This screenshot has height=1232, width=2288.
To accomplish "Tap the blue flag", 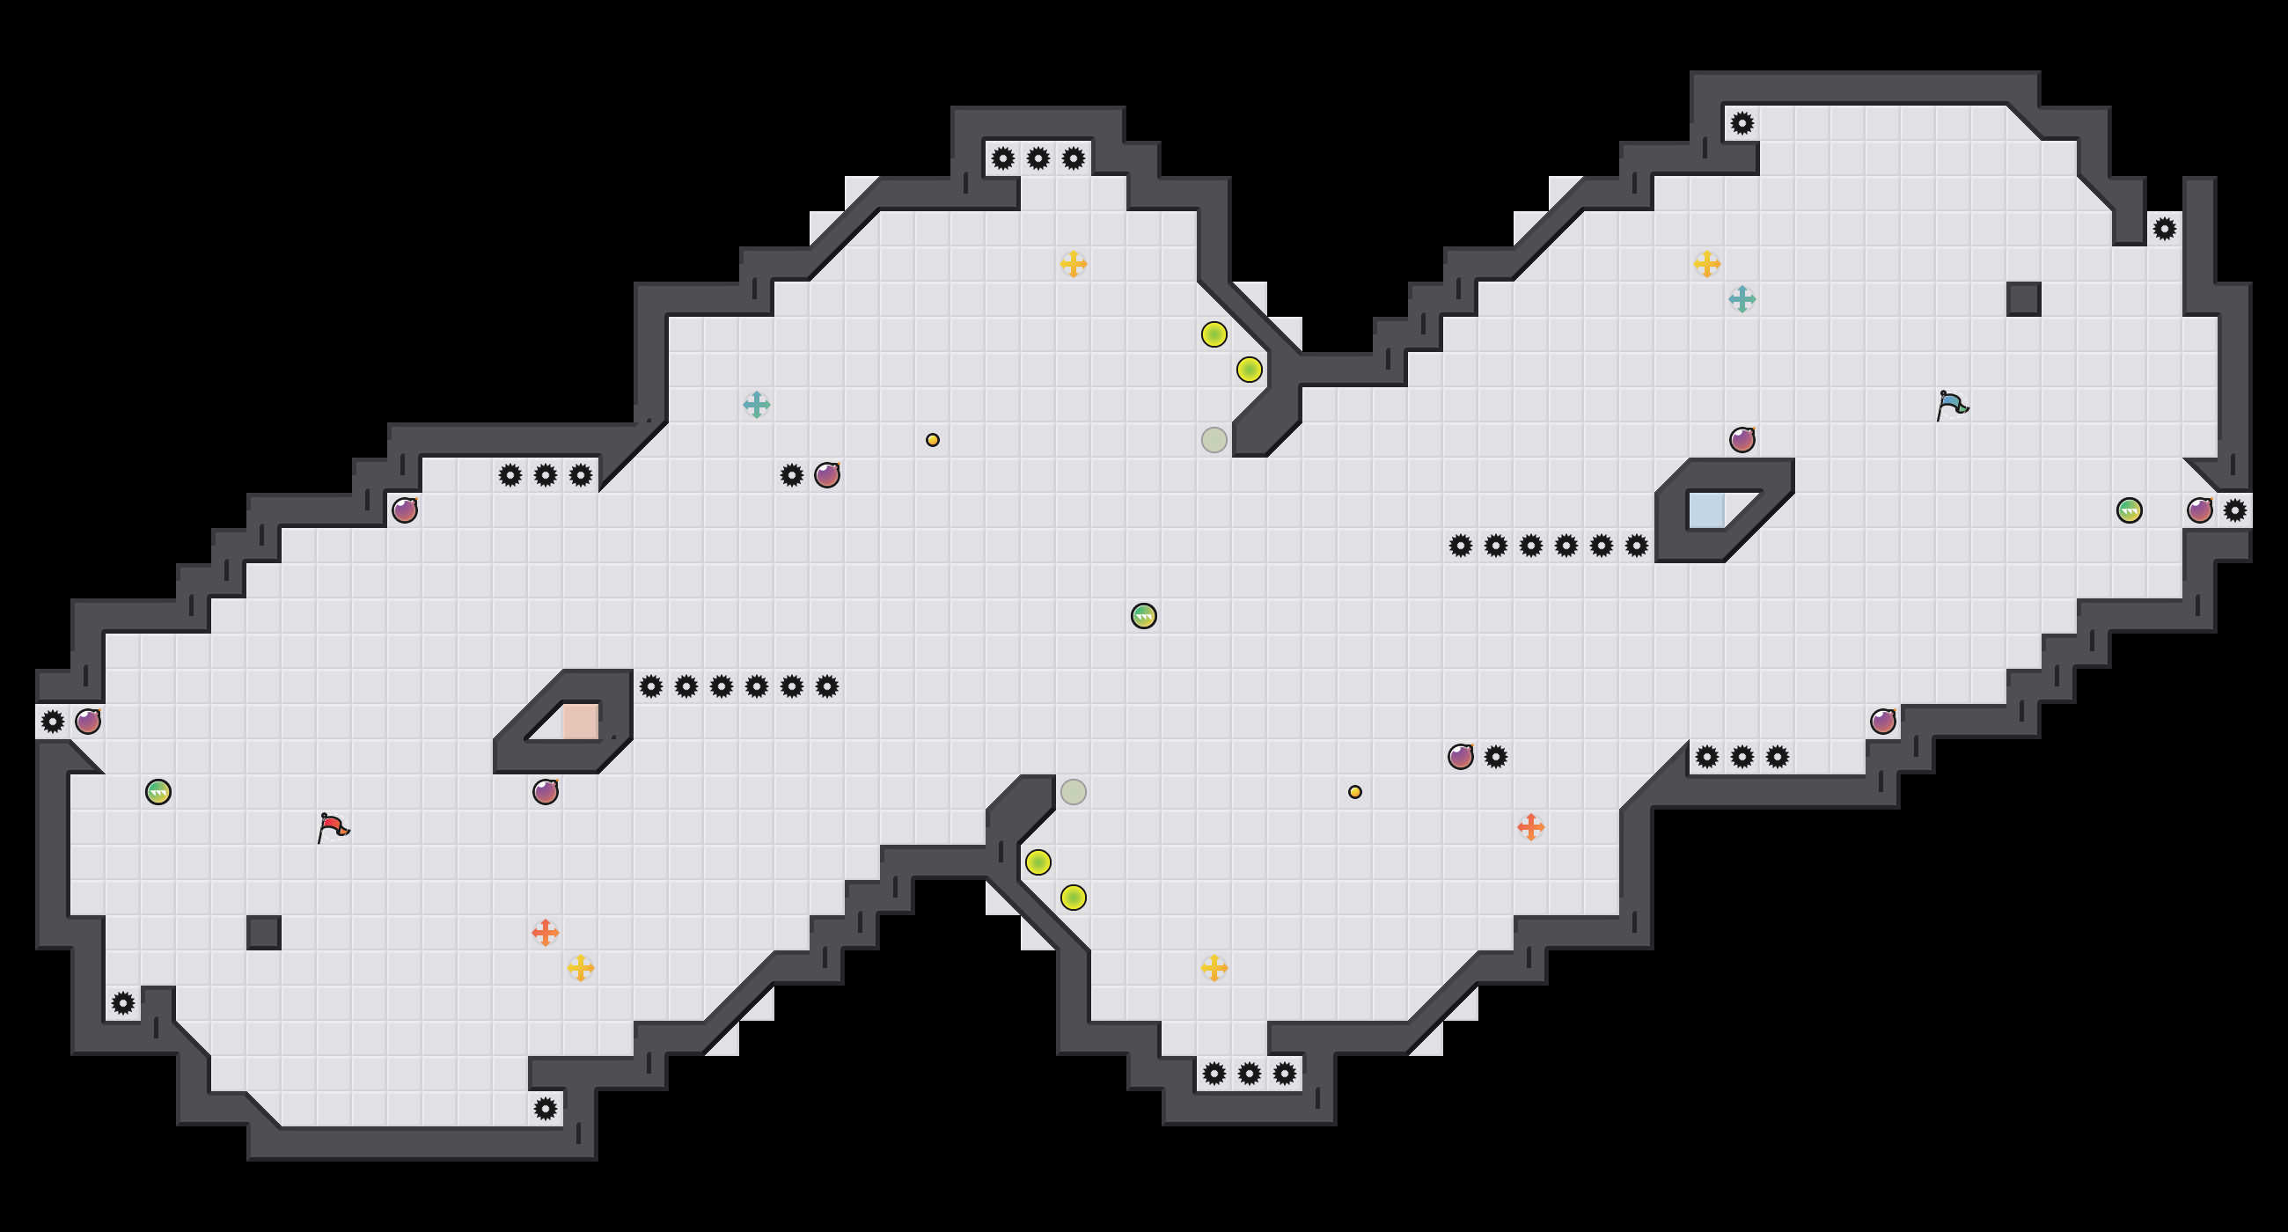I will (1951, 405).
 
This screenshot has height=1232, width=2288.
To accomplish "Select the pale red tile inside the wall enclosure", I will (580, 722).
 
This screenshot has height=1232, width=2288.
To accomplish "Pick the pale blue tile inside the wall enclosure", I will (1705, 510).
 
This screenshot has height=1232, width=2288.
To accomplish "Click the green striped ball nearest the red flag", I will (158, 791).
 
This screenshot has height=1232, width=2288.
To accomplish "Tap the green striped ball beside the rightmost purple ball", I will (2129, 510).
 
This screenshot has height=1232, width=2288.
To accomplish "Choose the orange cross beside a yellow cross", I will (546, 932).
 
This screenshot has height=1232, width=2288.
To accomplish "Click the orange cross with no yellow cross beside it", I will (1530, 827).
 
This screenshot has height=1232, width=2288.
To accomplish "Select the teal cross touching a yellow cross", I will (1742, 299).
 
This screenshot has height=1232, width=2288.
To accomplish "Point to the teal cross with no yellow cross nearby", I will (756, 405).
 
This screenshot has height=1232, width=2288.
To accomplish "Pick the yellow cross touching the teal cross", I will (1706, 264).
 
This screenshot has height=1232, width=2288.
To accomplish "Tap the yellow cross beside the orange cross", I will (581, 967).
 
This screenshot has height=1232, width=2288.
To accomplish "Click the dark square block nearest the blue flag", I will (2023, 299).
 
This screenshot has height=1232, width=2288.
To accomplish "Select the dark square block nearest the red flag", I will (264, 933).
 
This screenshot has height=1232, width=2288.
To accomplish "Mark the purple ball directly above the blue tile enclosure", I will (1742, 440).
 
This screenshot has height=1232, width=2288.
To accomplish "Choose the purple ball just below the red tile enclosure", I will (546, 791).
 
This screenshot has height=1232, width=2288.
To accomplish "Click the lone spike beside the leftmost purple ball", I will (53, 722).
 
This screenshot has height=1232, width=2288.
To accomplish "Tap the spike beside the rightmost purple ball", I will (2234, 510).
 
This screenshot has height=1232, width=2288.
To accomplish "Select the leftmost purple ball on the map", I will (88, 722).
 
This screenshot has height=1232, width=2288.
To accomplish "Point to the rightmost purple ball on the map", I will (2200, 510).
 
